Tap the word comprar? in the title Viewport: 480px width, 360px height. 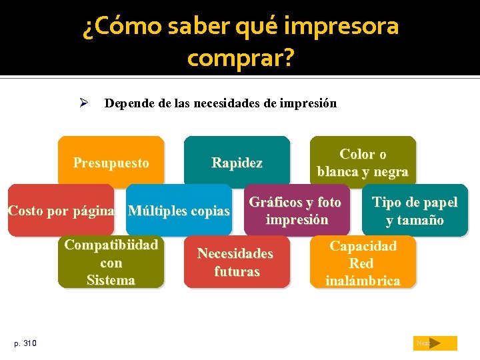240,58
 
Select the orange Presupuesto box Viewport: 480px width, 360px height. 111,162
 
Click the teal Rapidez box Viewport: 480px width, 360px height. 237,162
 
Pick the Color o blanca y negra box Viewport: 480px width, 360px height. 363,162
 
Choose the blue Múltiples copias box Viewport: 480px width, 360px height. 179,212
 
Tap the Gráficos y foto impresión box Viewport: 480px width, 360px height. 296,211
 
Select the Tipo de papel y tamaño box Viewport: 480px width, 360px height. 415,211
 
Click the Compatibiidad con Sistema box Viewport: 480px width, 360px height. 111,263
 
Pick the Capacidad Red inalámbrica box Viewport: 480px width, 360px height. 363,263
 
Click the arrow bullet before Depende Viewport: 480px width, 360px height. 85,103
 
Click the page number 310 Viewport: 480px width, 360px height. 30,343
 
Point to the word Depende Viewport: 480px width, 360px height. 127,103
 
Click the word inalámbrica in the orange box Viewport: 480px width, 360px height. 363,281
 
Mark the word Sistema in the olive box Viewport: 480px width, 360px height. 111,280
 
